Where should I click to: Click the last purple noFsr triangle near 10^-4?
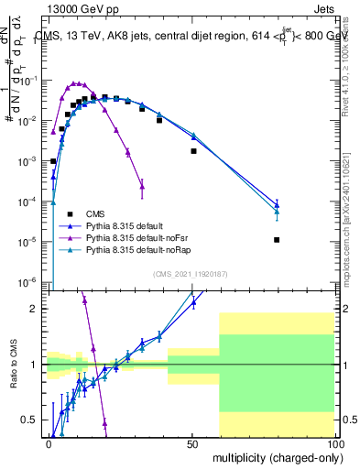pos(142,188)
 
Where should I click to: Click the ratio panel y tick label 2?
pos(38,309)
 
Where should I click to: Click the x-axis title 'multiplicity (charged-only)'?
pos(273,458)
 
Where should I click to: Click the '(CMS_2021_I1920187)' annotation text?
pos(191,274)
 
